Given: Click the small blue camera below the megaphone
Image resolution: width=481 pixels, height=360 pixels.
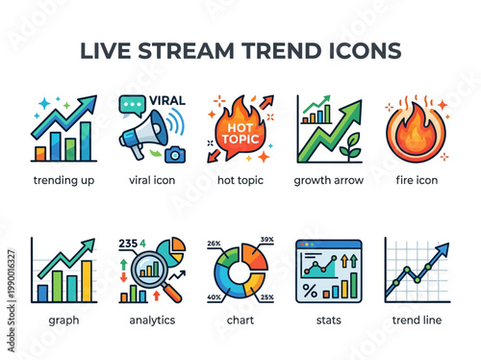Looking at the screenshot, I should pyautogui.click(x=175, y=153).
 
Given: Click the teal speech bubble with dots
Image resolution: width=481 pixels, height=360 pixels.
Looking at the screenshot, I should pyautogui.click(x=132, y=105).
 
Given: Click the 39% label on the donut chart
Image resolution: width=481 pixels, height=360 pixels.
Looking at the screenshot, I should pyautogui.click(x=266, y=241).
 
